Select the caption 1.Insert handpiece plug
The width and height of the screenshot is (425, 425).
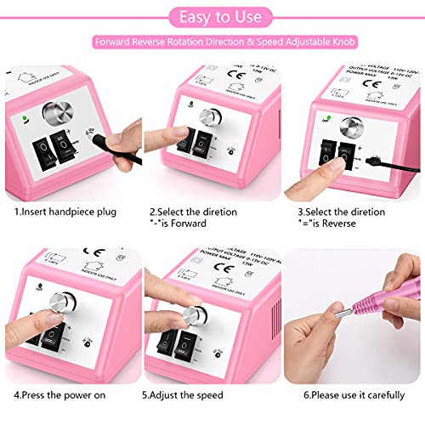tap(65, 211)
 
